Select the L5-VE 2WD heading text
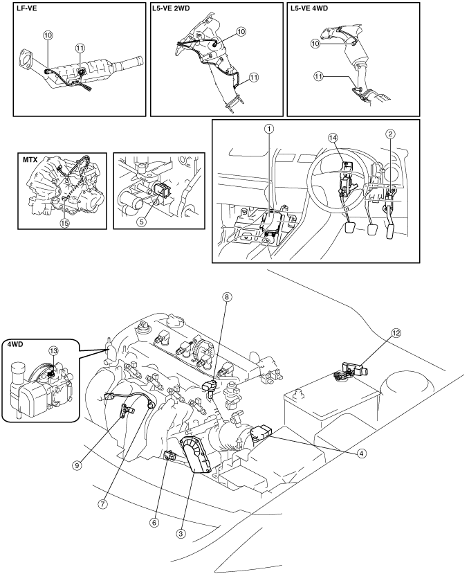click(176, 10)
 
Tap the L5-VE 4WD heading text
click(313, 10)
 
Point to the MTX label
click(31, 161)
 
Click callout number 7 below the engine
click(102, 504)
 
